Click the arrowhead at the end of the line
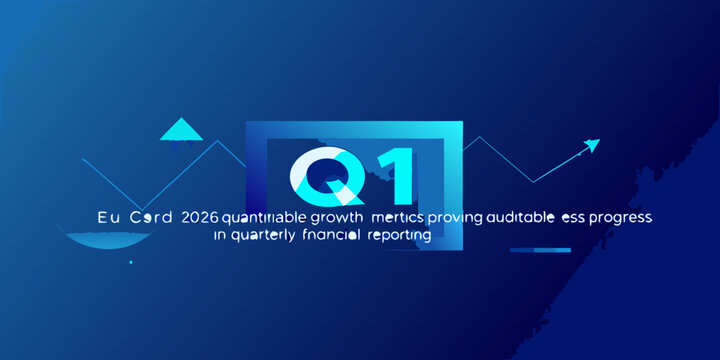[x=593, y=145]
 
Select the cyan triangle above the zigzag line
[x=181, y=129]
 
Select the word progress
[x=622, y=216]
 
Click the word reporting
[x=397, y=236]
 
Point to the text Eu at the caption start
[x=107, y=216]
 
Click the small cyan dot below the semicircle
[x=130, y=262]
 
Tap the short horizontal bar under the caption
[x=541, y=251]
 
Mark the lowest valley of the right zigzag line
[x=533, y=181]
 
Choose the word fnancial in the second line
[x=329, y=236]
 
